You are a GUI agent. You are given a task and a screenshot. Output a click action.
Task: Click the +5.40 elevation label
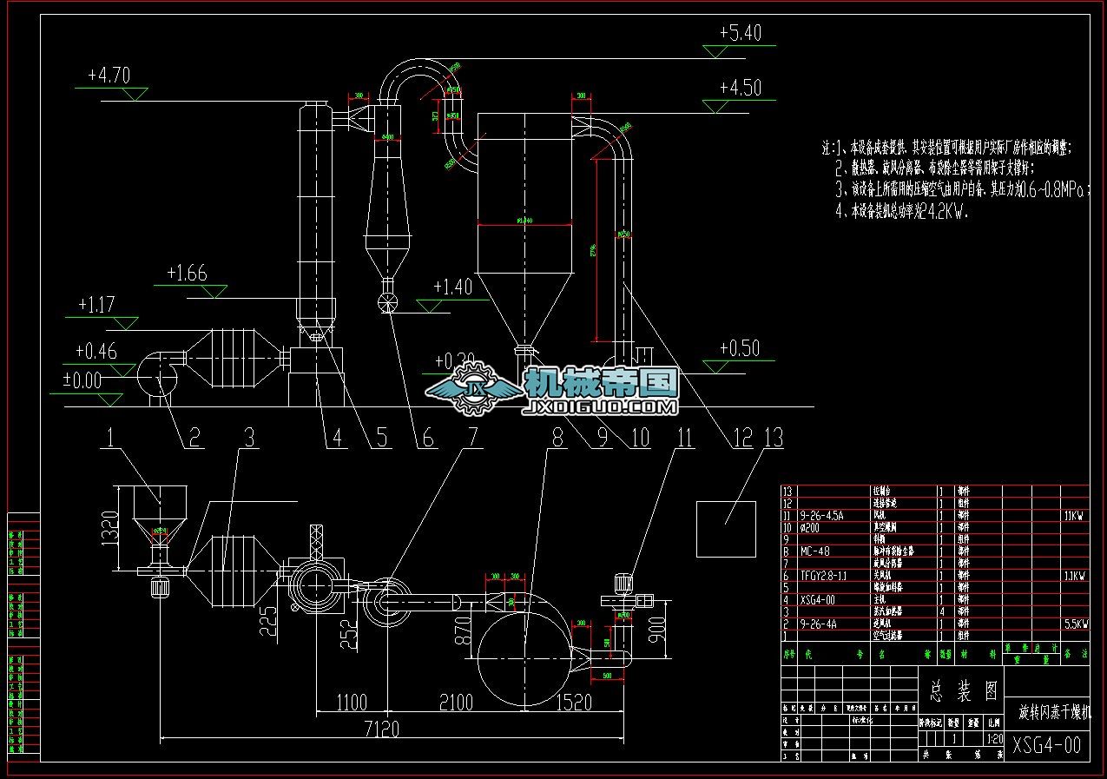pos(740,33)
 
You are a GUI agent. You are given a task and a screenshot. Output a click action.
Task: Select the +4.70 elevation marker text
pos(109,76)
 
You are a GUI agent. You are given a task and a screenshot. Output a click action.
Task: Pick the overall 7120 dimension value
pos(378,729)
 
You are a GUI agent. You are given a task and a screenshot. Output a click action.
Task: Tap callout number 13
pos(772,439)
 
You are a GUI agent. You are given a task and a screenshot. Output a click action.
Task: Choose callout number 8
pos(557,439)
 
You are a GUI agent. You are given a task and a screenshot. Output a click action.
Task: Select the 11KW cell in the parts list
pos(1074,515)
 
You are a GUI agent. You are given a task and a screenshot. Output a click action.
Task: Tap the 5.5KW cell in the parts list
pos(1074,624)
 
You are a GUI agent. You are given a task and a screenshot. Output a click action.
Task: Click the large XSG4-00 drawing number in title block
pos(1046,745)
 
